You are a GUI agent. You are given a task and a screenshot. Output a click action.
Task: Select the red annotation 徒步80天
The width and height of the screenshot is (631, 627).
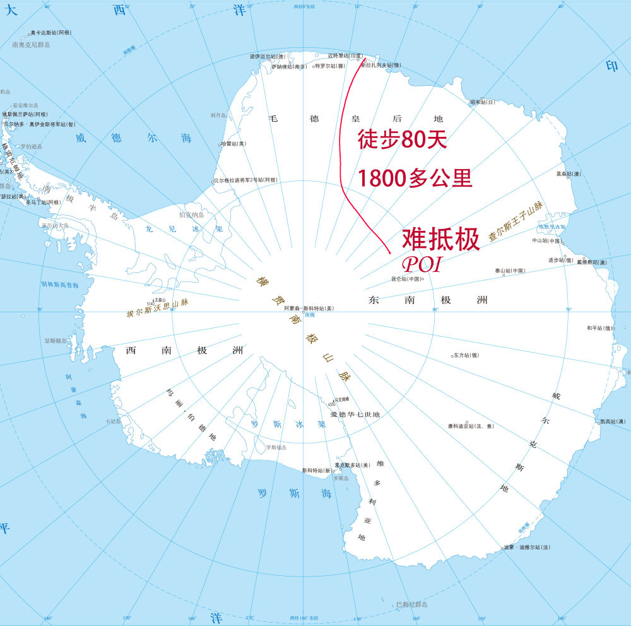pyautogui.click(x=402, y=139)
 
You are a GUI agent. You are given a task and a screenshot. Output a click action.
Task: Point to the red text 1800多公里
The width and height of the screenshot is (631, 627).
pyautogui.click(x=415, y=179)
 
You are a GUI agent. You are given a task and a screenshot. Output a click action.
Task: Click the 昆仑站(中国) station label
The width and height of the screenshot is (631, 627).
pyautogui.click(x=406, y=279)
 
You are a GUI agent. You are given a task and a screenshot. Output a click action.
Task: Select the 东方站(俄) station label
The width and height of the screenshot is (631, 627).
pyautogui.click(x=466, y=355)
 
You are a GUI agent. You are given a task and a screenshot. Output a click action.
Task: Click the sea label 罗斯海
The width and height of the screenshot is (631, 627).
pyautogui.click(x=295, y=493)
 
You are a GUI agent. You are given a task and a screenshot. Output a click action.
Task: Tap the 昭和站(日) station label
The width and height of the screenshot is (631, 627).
pyautogui.click(x=483, y=102)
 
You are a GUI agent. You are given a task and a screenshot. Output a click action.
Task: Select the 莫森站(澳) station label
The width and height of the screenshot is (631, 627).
pyautogui.click(x=568, y=173)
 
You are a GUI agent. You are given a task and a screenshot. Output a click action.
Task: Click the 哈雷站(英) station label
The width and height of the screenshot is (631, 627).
pyautogui.click(x=233, y=144)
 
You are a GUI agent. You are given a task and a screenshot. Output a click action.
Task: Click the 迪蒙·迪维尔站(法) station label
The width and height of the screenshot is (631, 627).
pyautogui.click(x=528, y=547)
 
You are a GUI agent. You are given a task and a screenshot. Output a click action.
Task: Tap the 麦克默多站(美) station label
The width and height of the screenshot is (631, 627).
pyautogui.click(x=352, y=465)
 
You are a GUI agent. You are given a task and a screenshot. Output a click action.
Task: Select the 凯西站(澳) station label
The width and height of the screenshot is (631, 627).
pyautogui.click(x=612, y=421)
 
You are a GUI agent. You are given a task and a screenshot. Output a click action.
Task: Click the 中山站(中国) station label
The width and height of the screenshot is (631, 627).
pyautogui.click(x=546, y=240)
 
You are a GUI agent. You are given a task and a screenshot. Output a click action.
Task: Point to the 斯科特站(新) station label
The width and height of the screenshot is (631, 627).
pyautogui.click(x=317, y=470)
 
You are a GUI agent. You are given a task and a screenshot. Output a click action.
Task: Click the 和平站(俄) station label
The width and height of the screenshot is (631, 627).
pyautogui.click(x=600, y=328)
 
